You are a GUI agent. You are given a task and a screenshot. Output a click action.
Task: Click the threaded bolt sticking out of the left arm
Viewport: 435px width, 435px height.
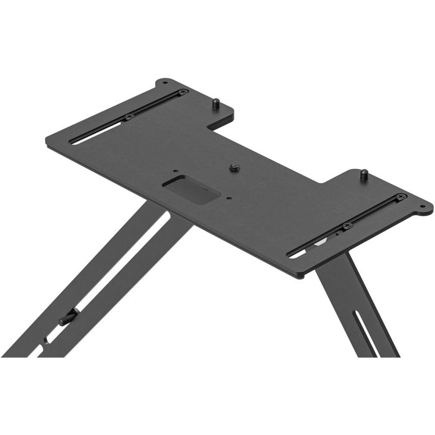pos(68,319)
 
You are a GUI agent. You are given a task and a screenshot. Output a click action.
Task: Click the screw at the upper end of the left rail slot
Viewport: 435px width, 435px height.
pos(182,92)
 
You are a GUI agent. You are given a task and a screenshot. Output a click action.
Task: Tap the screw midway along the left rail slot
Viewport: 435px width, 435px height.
pos(129,116)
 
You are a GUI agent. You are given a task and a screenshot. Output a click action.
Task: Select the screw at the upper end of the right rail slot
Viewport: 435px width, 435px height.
pos(401,198)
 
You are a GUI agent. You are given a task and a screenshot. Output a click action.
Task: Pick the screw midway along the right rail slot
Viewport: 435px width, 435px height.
pos(347,224)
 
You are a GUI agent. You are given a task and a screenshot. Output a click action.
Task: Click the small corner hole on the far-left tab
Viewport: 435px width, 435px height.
pos(164,83)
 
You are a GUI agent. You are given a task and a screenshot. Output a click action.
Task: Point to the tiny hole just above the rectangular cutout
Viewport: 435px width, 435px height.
pos(176,171)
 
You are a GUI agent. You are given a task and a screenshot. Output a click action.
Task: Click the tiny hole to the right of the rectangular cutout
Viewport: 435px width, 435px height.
pos(229,198)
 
